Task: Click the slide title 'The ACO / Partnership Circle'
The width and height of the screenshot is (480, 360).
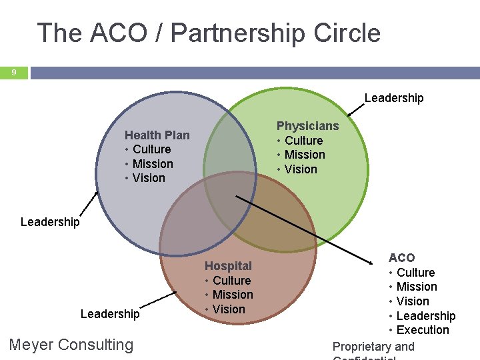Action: coord(209,33)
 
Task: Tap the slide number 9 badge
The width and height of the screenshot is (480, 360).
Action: coord(13,72)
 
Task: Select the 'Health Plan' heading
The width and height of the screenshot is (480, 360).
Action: coord(157,135)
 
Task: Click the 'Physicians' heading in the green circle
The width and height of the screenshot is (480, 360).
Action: coord(307,126)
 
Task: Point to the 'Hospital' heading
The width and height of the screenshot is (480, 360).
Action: coord(228,266)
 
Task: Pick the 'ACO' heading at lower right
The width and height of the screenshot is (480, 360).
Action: coord(401,257)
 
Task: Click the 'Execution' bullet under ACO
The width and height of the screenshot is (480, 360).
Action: coord(423,330)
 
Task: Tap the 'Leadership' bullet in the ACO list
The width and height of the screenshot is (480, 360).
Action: coord(425,315)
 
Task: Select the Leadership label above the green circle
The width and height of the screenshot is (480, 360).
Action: coord(393,98)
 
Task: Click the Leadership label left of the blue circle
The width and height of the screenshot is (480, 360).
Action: coord(50,221)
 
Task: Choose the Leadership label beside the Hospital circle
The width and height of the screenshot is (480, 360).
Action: coord(110,313)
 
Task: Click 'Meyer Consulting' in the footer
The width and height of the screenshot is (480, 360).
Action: coord(71,345)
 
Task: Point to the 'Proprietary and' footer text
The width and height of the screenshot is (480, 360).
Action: coord(373,347)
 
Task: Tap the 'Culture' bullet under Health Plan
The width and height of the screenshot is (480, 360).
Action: coord(151,149)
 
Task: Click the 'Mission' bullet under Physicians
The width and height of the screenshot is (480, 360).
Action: coord(305,155)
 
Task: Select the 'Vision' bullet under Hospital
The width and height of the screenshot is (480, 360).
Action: coord(229,309)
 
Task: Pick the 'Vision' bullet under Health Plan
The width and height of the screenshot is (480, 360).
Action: coord(149,178)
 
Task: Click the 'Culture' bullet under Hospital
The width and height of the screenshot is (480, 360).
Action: coord(231,281)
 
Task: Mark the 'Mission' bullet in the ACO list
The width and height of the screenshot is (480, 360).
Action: coord(417,287)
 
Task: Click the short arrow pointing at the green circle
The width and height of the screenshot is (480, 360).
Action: coord(361,110)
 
